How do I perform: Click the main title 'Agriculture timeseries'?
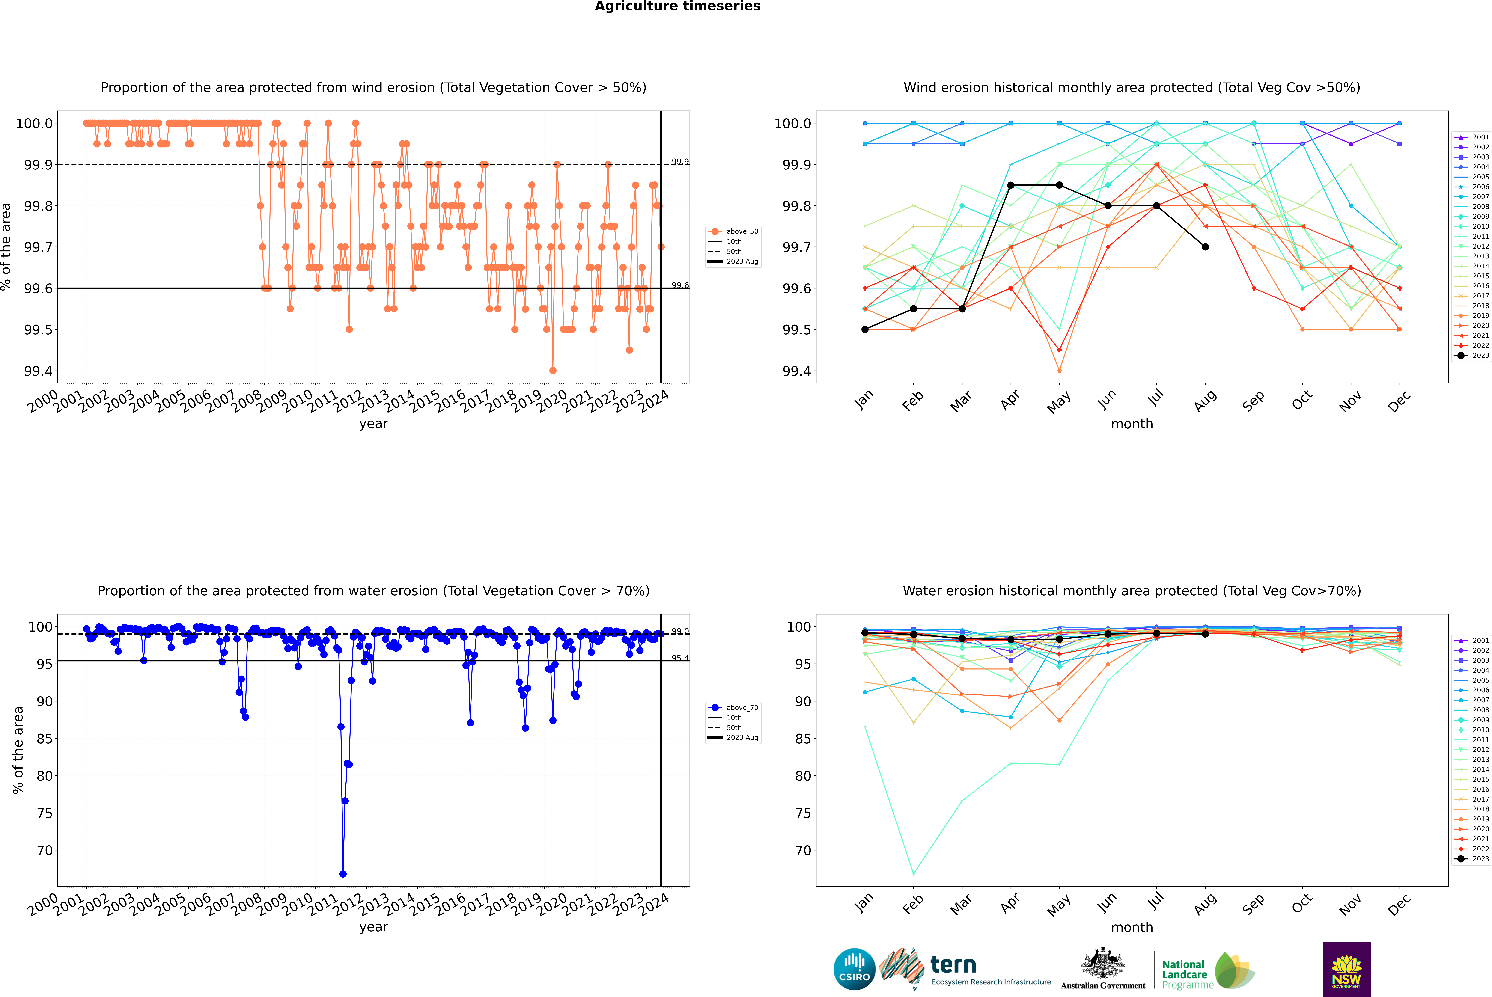(x=677, y=6)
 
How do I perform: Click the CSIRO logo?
(x=854, y=969)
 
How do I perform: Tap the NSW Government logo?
(x=1346, y=969)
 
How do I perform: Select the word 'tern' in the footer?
(x=953, y=965)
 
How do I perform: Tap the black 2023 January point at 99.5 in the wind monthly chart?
(x=865, y=329)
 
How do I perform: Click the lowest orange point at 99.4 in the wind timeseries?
(x=553, y=371)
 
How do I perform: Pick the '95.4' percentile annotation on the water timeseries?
(x=680, y=658)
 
